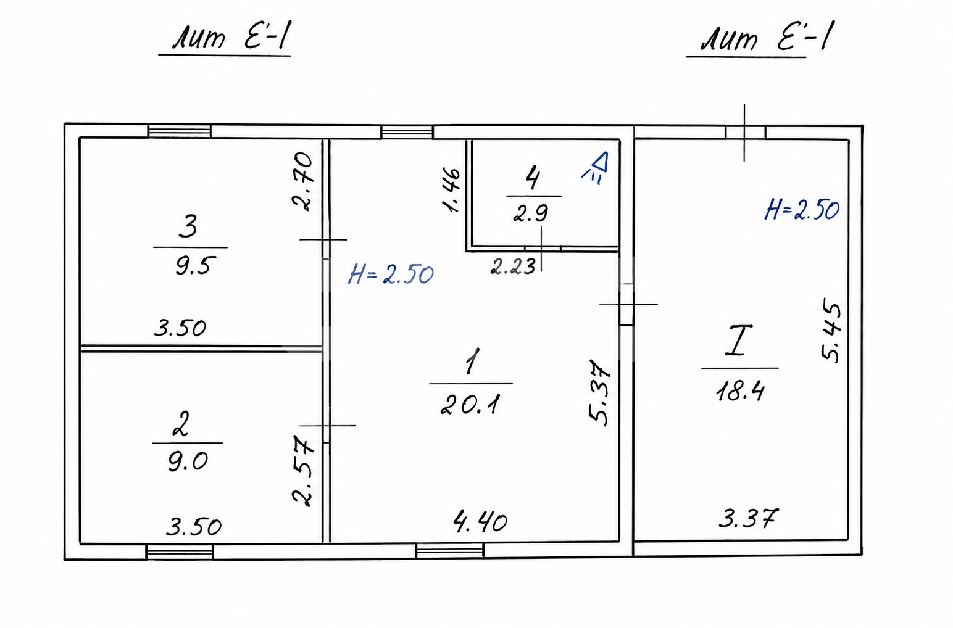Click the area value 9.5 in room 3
193,266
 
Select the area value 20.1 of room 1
470,404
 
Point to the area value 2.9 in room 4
531,213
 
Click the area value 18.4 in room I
740,390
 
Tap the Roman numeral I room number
739,340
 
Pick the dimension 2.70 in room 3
302,181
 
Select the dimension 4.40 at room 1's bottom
480,522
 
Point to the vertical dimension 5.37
599,392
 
